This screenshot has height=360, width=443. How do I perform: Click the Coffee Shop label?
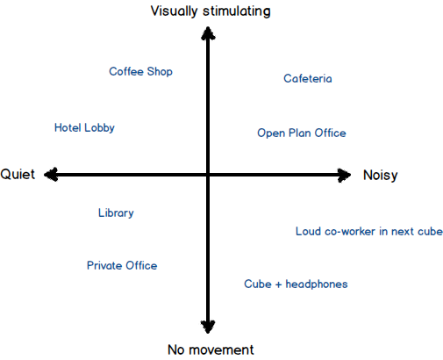140,72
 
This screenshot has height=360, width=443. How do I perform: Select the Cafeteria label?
308,78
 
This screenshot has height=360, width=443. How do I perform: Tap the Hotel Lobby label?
84,128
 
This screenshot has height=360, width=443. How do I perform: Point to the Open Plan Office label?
302,133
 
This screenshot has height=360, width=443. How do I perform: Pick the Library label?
116,213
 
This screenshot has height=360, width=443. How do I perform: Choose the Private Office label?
122,265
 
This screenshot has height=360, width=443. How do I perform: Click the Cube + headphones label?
296,284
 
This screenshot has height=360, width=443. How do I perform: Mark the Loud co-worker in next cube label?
369,231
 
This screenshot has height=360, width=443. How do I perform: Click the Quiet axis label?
18,175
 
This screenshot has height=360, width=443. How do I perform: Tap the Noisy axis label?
381,176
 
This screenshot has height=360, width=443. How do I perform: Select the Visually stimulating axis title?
211,11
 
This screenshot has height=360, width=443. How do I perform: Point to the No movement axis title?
211,349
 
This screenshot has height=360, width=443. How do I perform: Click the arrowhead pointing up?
208,32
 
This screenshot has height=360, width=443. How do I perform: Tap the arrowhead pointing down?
208,327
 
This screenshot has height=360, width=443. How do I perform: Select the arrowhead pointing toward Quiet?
51,175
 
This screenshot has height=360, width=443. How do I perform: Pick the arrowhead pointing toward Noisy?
344,175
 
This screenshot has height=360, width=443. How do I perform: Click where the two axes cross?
208,175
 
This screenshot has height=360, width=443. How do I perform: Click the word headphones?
317,284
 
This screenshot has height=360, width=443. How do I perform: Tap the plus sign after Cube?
278,284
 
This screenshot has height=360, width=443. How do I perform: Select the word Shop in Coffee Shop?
160,72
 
